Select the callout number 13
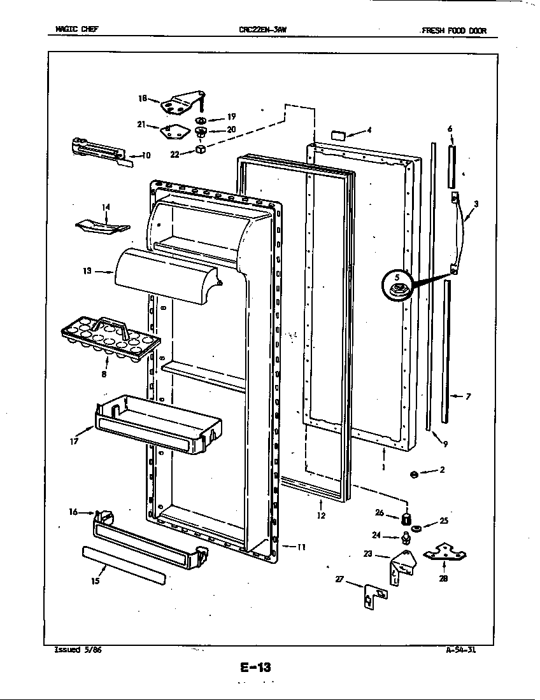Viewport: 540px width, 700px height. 87,271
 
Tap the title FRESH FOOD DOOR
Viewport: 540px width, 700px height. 449,30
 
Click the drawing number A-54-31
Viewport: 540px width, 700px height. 462,650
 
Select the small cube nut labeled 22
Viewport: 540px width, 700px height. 199,150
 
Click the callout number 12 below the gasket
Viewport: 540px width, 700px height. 321,515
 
